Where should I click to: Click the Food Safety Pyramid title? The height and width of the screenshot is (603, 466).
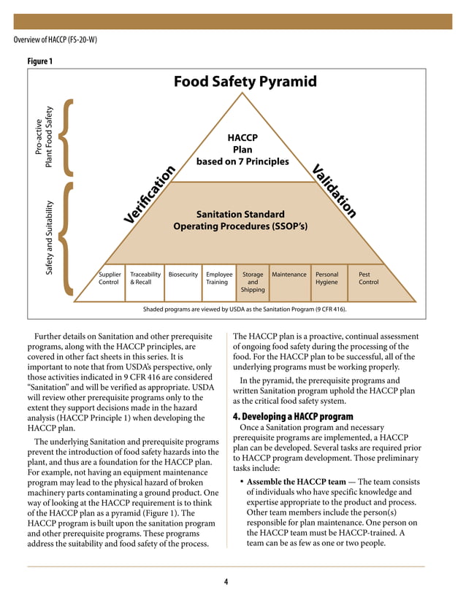tap(245, 81)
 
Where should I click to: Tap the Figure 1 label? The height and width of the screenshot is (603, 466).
tap(39, 61)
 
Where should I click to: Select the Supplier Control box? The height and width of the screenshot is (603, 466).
tap(109, 278)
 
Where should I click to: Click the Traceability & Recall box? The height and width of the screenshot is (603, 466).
tap(145, 278)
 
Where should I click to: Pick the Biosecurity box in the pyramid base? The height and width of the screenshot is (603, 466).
tap(183, 275)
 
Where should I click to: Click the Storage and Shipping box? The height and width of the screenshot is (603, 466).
tap(252, 282)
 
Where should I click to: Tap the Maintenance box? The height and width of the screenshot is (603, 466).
tap(289, 275)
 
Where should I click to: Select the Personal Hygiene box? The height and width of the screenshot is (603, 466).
tap(326, 278)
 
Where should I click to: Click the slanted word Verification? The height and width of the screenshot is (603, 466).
tap(150, 195)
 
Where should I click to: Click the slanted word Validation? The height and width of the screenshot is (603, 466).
tap(335, 191)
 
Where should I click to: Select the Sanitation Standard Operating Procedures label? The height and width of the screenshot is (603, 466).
tap(240, 220)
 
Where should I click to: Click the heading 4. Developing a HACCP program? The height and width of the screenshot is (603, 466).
tap(293, 417)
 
